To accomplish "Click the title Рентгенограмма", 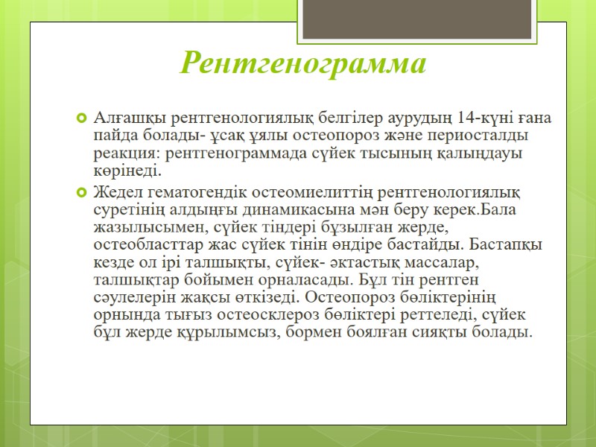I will (x=303, y=63).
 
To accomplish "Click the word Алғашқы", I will (x=130, y=118).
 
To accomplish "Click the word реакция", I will (x=127, y=154).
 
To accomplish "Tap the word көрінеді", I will (x=127, y=172).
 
